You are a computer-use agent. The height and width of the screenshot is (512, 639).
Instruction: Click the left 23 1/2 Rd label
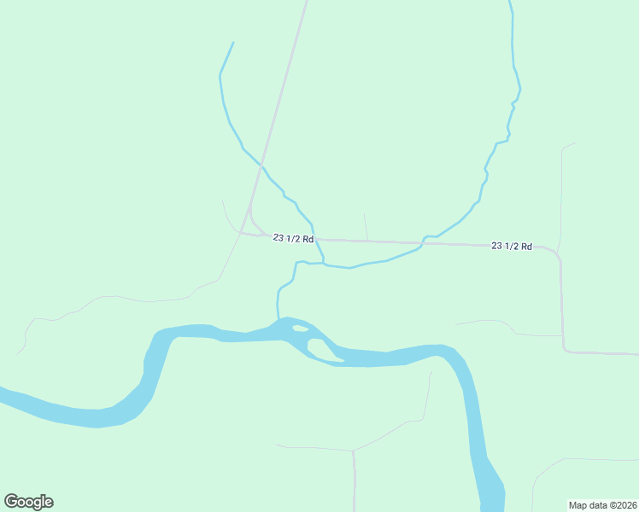(x=294, y=238)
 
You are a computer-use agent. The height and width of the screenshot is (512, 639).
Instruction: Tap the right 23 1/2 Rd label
(x=512, y=246)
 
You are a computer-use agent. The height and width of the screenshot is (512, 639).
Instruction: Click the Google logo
(x=28, y=502)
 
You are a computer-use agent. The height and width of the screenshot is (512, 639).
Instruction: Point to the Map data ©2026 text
(x=602, y=504)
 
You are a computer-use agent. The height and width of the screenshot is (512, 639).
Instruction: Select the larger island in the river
(x=323, y=350)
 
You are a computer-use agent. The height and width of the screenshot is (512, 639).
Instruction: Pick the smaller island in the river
(x=300, y=329)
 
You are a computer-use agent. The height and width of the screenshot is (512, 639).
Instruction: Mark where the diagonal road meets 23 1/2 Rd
(x=243, y=233)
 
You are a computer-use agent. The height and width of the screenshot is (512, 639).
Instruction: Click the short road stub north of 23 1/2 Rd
(x=366, y=227)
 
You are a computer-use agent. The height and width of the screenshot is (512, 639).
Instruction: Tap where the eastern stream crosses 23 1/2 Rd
(x=423, y=243)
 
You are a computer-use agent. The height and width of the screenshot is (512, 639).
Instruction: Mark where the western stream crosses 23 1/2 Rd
(x=316, y=240)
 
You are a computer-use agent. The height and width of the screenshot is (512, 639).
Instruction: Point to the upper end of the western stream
(x=233, y=43)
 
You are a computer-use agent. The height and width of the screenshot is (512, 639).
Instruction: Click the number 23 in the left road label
(x=278, y=237)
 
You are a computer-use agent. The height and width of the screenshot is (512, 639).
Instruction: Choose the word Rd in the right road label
(x=525, y=247)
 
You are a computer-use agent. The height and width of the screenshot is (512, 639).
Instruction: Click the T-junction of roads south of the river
(x=353, y=451)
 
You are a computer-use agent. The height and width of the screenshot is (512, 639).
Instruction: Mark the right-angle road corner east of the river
(x=563, y=352)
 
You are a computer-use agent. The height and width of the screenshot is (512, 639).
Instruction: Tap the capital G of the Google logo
(x=11, y=501)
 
